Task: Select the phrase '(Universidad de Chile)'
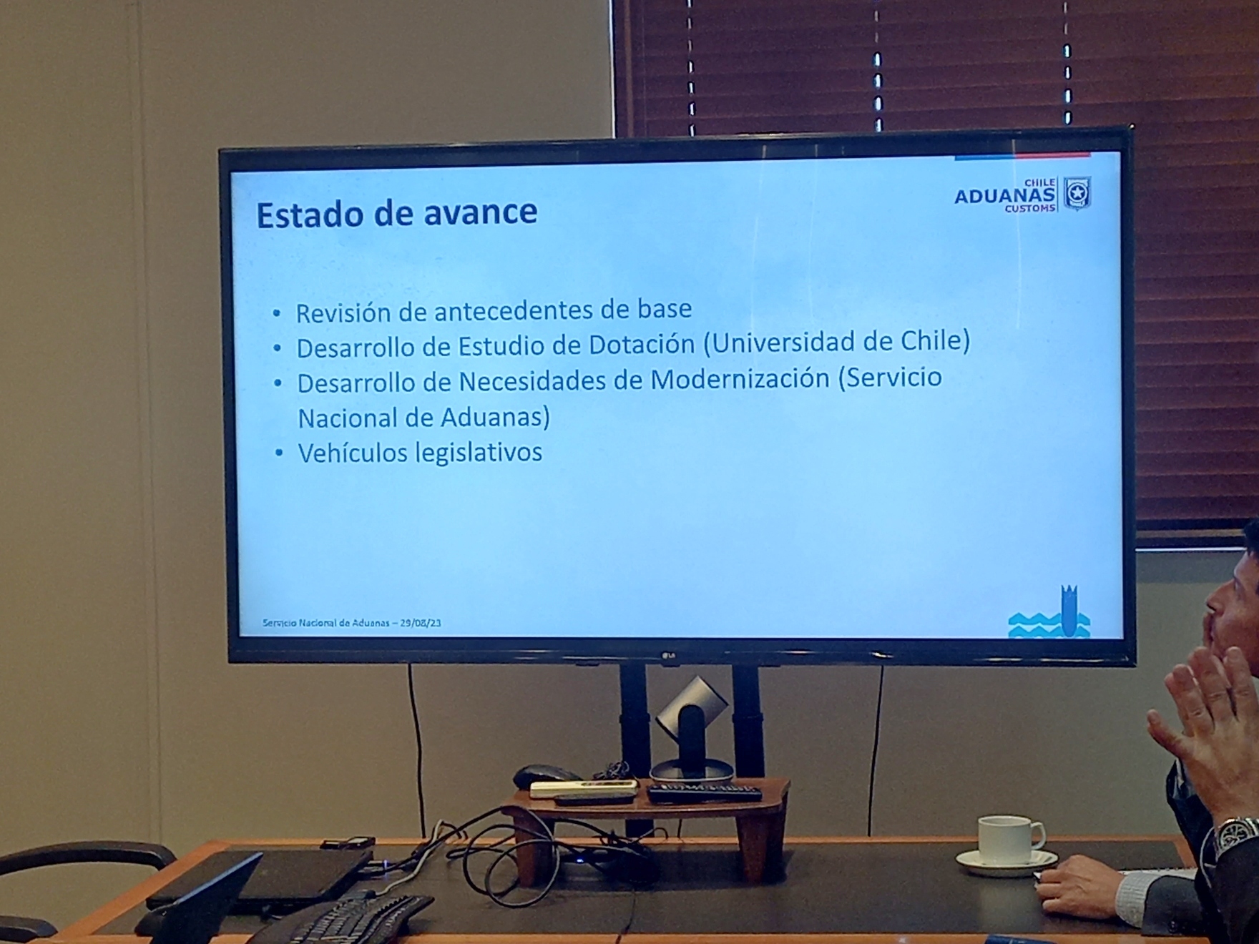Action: pyautogui.click(x=837, y=342)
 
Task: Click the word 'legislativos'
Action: pyautogui.click(x=479, y=453)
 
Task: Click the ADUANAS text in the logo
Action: pyautogui.click(x=1004, y=196)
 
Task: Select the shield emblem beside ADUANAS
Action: pyautogui.click(x=1076, y=193)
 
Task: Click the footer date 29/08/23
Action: pyautogui.click(x=421, y=623)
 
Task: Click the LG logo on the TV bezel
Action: pyautogui.click(x=670, y=655)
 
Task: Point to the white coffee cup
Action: pyautogui.click(x=1009, y=840)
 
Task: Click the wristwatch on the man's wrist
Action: pyautogui.click(x=1236, y=835)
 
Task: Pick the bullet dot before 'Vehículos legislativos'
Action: pyautogui.click(x=279, y=453)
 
